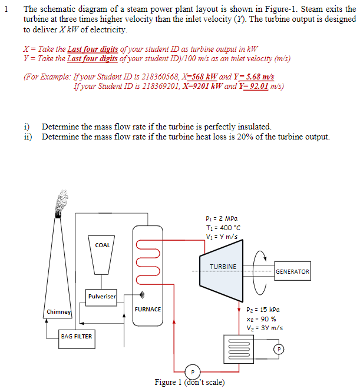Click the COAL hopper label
(x=103, y=245)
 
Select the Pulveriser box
(x=103, y=296)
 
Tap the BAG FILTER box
(x=77, y=336)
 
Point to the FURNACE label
(x=148, y=309)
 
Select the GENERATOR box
(x=292, y=271)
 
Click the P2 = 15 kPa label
(x=263, y=309)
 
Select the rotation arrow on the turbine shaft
(x=260, y=271)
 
